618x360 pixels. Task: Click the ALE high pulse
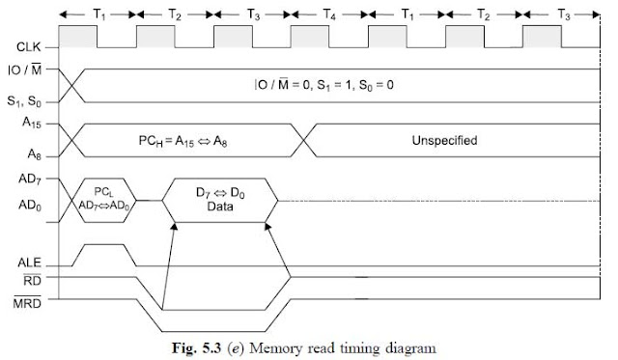[105, 247]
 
